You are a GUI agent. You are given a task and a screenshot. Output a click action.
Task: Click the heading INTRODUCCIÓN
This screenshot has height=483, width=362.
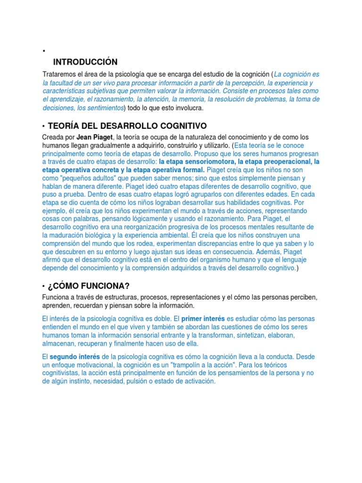(85, 62)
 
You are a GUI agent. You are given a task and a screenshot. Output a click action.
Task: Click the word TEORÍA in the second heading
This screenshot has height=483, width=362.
(65, 125)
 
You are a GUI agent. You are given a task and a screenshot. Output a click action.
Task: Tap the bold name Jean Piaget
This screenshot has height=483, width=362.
(94, 137)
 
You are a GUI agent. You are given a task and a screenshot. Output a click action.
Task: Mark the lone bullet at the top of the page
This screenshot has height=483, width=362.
(43, 50)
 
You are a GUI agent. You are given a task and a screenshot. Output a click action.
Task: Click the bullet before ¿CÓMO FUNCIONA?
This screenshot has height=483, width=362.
(43, 287)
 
